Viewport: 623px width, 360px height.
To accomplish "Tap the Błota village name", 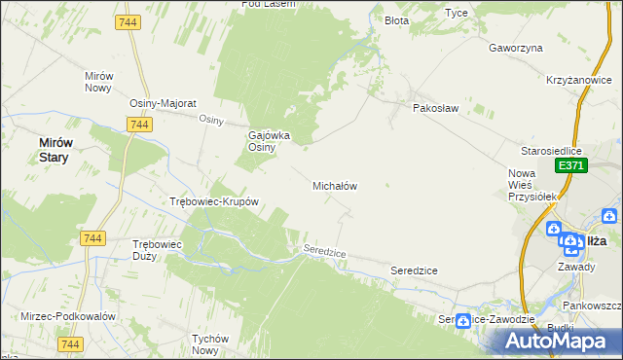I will (396, 20).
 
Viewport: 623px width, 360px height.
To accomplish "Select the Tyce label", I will (456, 13).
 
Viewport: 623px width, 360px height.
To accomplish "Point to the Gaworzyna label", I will (515, 47).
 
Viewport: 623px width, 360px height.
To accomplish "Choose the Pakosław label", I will (435, 108).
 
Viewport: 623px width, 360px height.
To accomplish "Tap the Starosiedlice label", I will (551, 152).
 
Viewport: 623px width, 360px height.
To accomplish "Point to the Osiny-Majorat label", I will (164, 103).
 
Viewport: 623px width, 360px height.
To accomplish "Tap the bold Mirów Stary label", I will (54, 149).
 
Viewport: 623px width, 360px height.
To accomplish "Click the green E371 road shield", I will (569, 167).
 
